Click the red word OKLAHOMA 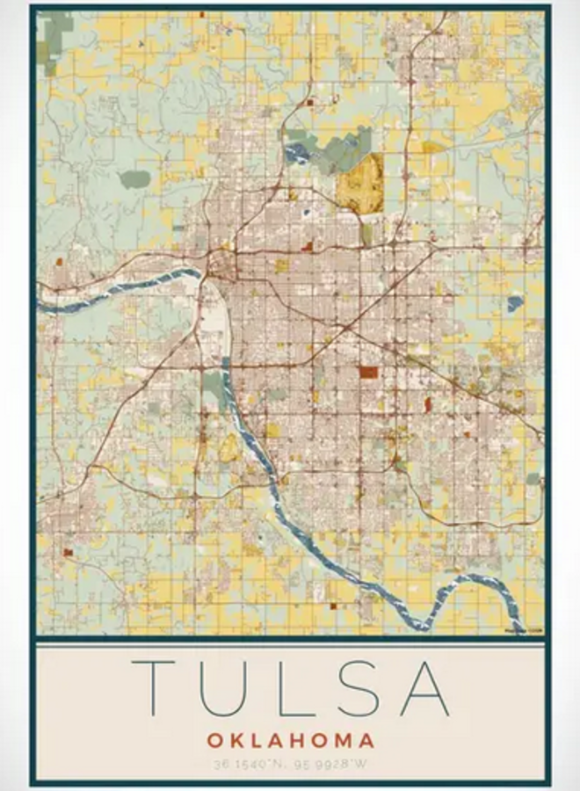tap(291, 741)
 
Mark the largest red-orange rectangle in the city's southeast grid tap(368, 372)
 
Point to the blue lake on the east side tap(515, 303)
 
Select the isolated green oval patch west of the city tap(134, 179)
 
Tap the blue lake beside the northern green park tap(297, 154)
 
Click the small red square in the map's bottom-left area tap(68, 552)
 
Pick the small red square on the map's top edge tap(202, 15)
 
